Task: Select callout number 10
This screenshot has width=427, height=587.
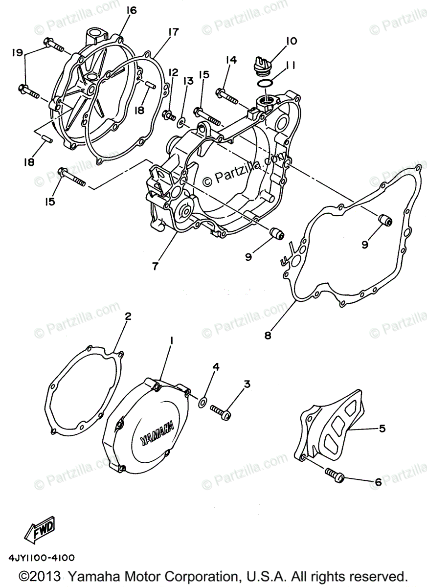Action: point(291,42)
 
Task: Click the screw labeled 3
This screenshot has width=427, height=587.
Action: point(221,411)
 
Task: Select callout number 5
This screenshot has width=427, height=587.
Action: point(382,429)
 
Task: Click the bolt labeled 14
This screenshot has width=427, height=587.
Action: point(227,95)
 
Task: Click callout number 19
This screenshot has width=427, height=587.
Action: point(17,52)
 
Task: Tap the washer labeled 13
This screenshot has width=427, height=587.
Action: point(182,120)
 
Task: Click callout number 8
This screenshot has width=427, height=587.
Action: point(268,336)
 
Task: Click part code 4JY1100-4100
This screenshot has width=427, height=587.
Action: point(41,558)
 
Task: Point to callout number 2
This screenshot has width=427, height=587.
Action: point(128,316)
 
